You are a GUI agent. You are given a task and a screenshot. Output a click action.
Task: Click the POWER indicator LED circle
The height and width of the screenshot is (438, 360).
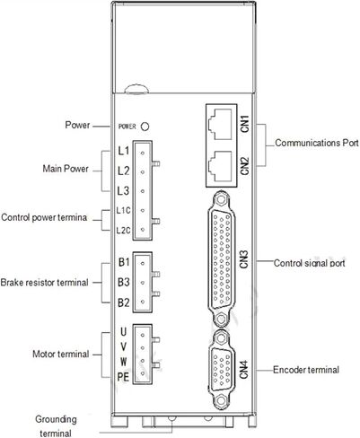[145, 127]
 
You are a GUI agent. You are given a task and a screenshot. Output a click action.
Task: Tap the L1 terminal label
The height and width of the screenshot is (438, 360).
[124, 151]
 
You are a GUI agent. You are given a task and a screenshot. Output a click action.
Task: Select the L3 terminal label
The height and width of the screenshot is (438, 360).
[123, 190]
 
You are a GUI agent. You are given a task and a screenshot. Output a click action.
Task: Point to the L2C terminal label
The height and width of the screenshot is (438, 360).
[123, 231]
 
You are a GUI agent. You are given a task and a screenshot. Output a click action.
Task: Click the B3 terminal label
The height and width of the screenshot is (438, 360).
[124, 282]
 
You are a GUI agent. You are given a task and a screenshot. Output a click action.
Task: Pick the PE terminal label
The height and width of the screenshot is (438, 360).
[123, 376]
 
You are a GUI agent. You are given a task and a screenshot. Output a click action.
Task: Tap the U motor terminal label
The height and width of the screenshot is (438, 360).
[123, 331]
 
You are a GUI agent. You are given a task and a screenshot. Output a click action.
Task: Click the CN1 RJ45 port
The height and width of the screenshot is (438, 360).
[220, 124]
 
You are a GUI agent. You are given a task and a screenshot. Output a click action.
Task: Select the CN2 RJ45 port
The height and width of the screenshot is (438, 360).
[220, 166]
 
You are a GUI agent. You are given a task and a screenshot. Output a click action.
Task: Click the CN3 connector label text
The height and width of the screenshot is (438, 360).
[244, 258]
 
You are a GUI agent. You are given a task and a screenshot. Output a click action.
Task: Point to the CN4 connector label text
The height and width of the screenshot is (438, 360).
[244, 370]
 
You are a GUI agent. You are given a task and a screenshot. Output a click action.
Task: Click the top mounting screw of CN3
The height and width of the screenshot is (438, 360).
[221, 199]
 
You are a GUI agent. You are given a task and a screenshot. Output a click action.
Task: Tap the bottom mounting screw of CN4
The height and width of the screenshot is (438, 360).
[221, 401]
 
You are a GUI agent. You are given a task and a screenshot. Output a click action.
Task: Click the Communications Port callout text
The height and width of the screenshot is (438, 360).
[317, 143]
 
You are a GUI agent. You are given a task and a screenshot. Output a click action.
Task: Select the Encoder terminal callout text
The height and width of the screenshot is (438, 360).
[306, 370]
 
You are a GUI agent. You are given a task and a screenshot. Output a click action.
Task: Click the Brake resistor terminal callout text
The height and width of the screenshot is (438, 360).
[44, 282]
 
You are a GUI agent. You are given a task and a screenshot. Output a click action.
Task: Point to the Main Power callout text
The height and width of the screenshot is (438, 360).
[66, 169]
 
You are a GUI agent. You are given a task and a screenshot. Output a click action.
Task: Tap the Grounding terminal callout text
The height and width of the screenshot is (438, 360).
[56, 426]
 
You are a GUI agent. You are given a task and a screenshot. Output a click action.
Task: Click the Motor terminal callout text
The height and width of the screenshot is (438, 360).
[61, 354]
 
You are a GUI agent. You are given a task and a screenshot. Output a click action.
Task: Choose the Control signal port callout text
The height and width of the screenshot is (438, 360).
[310, 263]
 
